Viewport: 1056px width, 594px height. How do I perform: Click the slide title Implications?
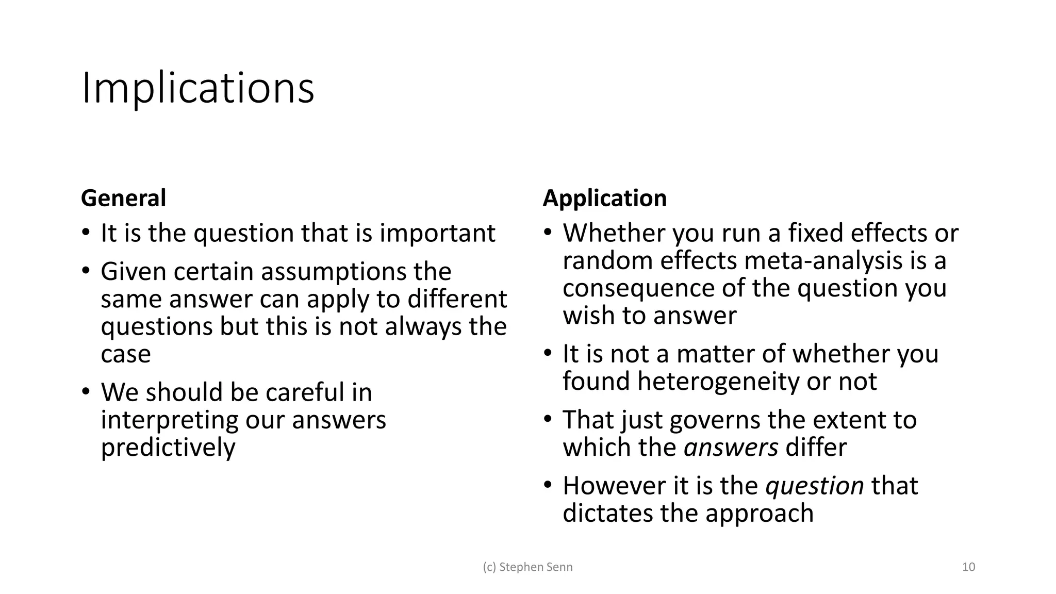click(x=197, y=88)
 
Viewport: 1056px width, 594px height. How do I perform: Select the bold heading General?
click(x=123, y=199)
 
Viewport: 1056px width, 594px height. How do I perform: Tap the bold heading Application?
click(x=604, y=199)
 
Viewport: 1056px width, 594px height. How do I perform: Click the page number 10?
click(x=968, y=567)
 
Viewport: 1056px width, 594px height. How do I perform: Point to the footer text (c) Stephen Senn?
click(x=527, y=567)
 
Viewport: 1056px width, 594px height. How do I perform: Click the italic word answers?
click(x=731, y=447)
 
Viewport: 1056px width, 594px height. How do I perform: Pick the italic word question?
click(x=814, y=486)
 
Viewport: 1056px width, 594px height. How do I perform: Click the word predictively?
click(x=168, y=447)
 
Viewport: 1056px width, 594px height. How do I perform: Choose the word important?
click(x=437, y=233)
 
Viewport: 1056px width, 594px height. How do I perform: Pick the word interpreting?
click(x=169, y=420)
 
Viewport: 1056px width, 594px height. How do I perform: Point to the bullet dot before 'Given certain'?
click(x=86, y=271)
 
